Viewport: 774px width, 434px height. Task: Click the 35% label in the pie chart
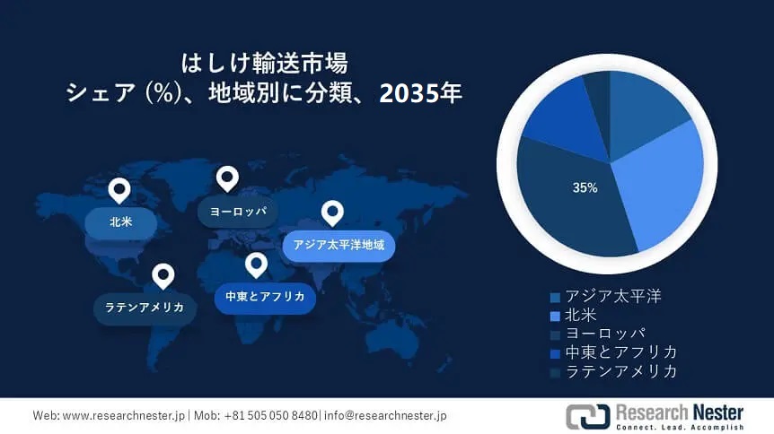click(x=585, y=188)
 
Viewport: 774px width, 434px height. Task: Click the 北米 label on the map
click(x=120, y=221)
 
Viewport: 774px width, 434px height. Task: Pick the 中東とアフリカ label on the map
click(x=265, y=296)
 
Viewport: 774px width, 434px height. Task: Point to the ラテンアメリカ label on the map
click(x=145, y=307)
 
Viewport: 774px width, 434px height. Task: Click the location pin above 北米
click(x=119, y=190)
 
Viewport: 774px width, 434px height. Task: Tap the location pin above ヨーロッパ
click(x=227, y=178)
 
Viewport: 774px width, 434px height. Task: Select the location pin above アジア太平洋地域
click(x=333, y=213)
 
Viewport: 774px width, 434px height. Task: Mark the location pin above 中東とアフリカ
click(x=257, y=265)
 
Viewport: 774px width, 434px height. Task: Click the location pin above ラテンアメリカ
click(x=163, y=275)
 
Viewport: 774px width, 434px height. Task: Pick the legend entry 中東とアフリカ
click(x=620, y=352)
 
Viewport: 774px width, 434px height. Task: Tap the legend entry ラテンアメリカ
click(x=620, y=371)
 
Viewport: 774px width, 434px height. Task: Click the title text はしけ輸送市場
click(x=264, y=65)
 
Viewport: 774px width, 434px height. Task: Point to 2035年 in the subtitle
click(x=420, y=93)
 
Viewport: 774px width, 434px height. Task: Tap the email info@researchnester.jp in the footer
click(x=385, y=416)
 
